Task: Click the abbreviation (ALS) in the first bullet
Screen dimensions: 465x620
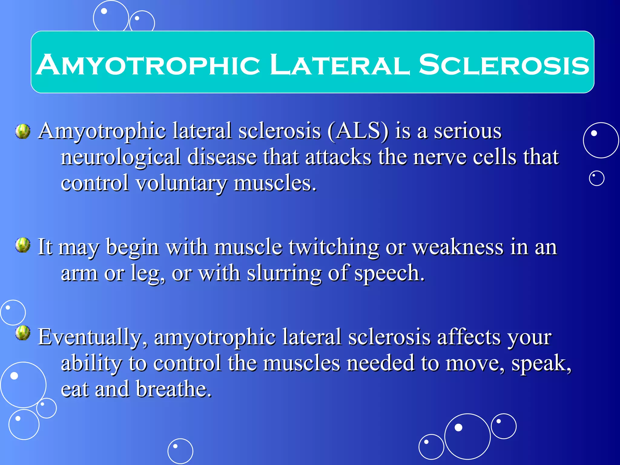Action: (358, 131)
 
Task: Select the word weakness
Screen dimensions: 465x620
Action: (458, 247)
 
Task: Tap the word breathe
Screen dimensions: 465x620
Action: (173, 389)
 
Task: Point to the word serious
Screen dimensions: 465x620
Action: (468, 131)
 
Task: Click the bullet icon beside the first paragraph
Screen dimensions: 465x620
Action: (23, 131)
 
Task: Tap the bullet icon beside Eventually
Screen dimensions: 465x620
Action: (23, 333)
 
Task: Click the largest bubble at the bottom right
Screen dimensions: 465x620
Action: (467, 436)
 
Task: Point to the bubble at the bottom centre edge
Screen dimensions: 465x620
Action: (180, 451)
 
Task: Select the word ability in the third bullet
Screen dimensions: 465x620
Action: (91, 363)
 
